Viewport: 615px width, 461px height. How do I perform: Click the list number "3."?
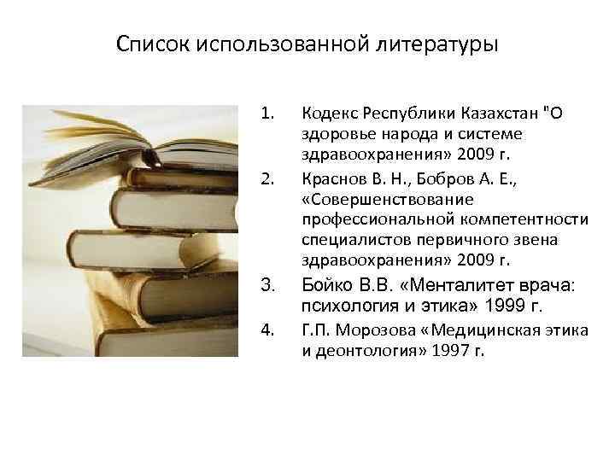(268, 285)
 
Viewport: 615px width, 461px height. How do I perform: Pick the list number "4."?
(268, 330)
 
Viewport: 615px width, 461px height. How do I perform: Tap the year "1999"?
(501, 305)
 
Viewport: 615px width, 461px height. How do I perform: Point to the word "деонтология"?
(357, 350)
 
